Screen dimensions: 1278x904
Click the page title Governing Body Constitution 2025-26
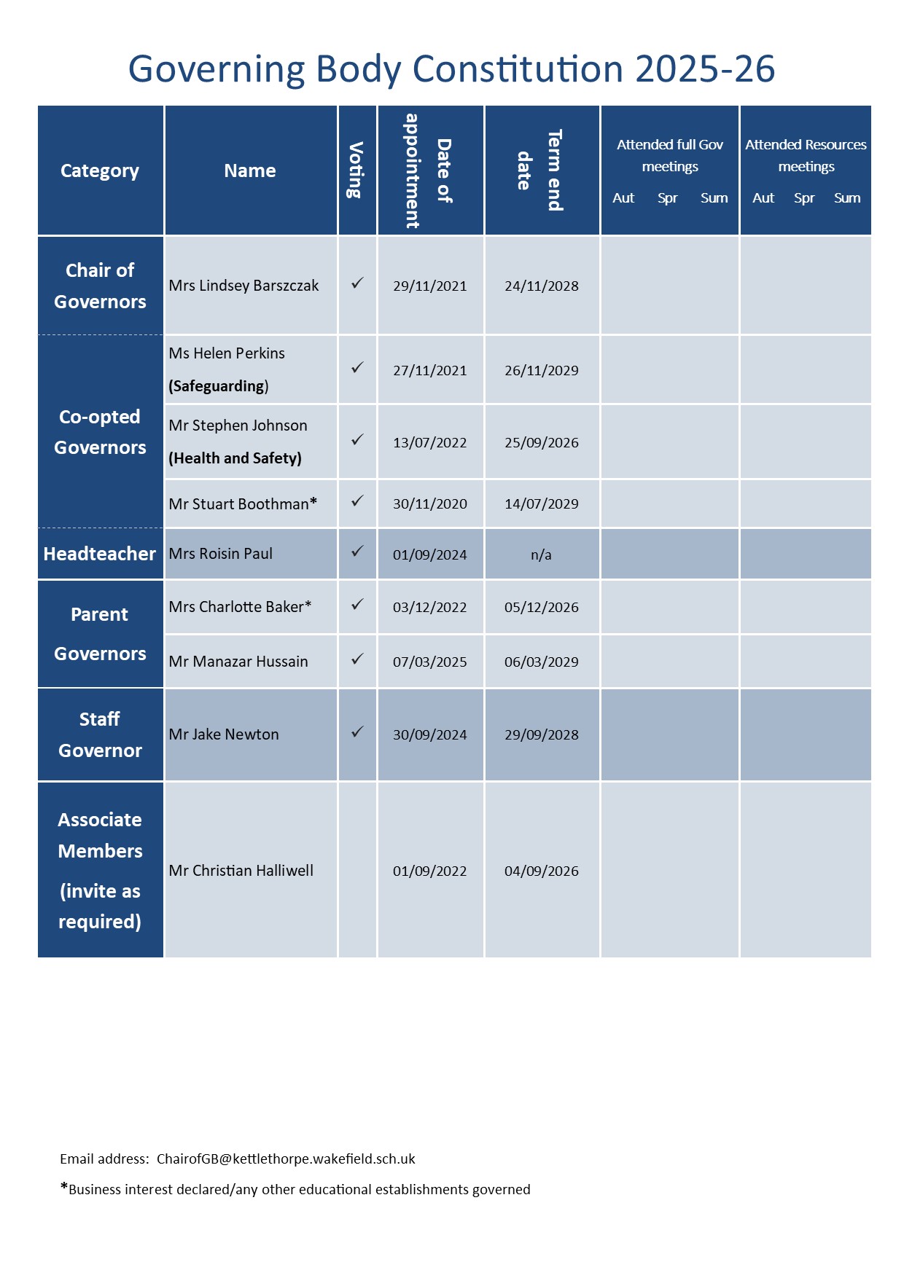451,69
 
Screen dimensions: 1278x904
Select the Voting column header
356,170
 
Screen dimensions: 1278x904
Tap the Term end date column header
540,170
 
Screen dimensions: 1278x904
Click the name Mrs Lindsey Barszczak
243,286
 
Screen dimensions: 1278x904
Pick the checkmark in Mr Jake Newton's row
357,732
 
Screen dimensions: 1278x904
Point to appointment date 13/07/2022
429,443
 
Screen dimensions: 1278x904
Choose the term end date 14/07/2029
541,504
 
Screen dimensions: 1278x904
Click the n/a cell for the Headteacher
541,555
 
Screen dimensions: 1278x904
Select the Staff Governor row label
100,734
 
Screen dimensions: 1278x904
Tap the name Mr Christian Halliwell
241,871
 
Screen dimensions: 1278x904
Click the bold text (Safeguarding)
219,386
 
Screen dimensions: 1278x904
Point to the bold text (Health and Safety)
235,458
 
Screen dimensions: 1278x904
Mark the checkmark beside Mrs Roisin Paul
357,552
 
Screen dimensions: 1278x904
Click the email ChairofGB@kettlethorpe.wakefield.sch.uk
286,1159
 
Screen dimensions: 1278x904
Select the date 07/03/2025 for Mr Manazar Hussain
429,662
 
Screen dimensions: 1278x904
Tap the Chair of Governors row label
100,286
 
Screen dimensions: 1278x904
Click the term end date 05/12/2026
541,608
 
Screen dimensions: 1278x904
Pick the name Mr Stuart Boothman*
243,504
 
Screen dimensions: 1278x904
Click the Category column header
100,170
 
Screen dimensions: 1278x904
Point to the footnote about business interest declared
295,1190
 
